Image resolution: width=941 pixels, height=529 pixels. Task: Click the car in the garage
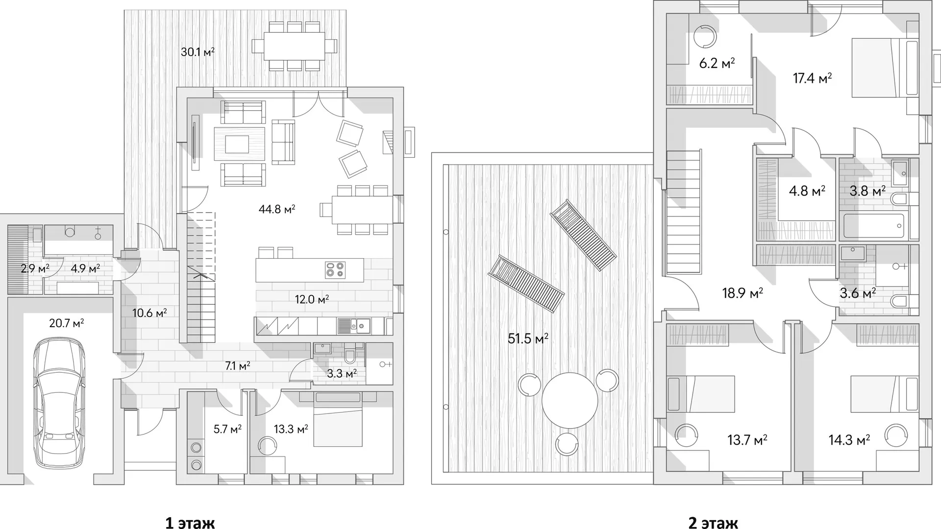coord(58,403)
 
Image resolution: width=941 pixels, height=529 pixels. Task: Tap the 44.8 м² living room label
coord(277,210)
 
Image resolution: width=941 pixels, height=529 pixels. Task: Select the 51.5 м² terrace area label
coord(528,338)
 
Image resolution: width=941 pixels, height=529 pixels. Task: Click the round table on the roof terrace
coord(570,400)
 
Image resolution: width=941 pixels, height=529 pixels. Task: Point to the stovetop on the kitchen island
coord(335,270)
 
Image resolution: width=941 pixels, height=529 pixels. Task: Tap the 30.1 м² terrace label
coord(198,51)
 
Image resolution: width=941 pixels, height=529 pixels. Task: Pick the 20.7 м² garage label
coord(67,323)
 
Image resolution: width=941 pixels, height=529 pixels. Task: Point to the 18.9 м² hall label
coord(742,293)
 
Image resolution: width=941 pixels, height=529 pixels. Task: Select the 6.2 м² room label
coord(717,63)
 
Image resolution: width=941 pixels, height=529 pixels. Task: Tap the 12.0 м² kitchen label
coord(312,299)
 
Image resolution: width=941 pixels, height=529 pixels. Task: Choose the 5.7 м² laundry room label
coord(227,430)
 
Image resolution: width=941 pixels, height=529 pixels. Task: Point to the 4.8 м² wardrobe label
coord(807,190)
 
